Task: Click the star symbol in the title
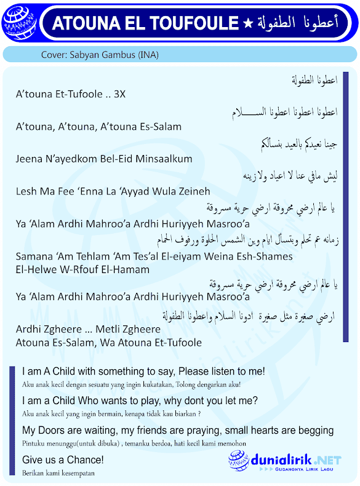point(247,23)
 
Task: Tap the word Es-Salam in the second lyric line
point(161,127)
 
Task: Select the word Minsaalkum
point(165,159)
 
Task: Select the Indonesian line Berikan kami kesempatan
point(58,474)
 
